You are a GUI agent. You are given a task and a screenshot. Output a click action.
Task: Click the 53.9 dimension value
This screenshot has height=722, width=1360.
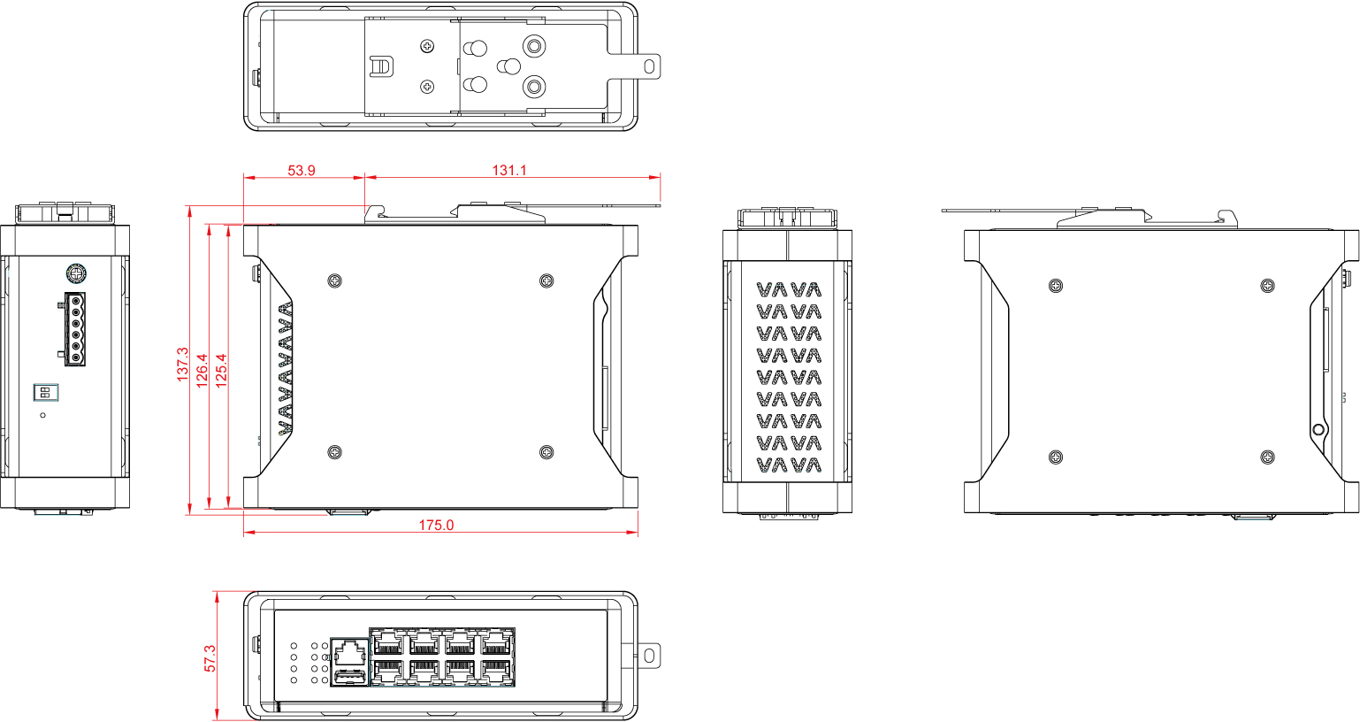[x=302, y=170]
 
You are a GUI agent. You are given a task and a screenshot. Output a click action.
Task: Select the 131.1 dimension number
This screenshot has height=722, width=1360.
[x=509, y=170]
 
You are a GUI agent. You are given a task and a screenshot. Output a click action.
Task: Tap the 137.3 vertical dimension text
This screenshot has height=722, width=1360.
[x=183, y=365]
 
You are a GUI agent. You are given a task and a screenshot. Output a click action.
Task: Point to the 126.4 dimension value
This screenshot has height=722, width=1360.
[x=202, y=370]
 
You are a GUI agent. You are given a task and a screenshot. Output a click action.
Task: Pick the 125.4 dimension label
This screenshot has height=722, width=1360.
[x=221, y=370]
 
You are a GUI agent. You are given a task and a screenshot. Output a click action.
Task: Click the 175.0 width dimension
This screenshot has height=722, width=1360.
[x=436, y=525]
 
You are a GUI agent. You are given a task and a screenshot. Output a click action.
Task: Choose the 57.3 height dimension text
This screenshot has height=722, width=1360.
[x=210, y=658]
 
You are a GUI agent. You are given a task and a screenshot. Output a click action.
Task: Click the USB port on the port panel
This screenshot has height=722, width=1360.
[x=349, y=676]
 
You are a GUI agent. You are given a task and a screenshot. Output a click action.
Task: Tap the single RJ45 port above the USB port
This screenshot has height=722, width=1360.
[x=349, y=652]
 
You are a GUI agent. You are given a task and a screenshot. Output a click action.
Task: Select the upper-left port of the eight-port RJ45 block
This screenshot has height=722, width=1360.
[x=388, y=642]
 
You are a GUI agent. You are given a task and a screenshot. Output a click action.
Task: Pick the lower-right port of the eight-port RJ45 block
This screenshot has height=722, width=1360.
[x=496, y=672]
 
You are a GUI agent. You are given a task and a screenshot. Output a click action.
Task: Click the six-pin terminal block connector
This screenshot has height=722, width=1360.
[x=74, y=329]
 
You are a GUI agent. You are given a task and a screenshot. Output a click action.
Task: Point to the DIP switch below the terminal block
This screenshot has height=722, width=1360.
[x=45, y=392]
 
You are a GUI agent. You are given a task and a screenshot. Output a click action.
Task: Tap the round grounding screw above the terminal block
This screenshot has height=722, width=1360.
[x=76, y=273]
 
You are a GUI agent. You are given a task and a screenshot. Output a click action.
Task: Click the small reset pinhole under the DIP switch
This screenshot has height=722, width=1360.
[x=42, y=415]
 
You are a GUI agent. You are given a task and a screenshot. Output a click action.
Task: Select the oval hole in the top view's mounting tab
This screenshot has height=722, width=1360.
[x=649, y=66]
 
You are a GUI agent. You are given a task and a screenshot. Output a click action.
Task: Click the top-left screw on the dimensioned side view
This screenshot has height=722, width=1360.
[x=334, y=280]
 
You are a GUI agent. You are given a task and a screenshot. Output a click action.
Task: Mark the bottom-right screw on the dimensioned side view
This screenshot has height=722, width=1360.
[x=546, y=452]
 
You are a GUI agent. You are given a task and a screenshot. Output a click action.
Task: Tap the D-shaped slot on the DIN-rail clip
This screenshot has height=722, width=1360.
[x=381, y=66]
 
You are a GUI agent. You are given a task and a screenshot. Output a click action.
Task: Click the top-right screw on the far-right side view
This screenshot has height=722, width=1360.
[x=1268, y=286]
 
